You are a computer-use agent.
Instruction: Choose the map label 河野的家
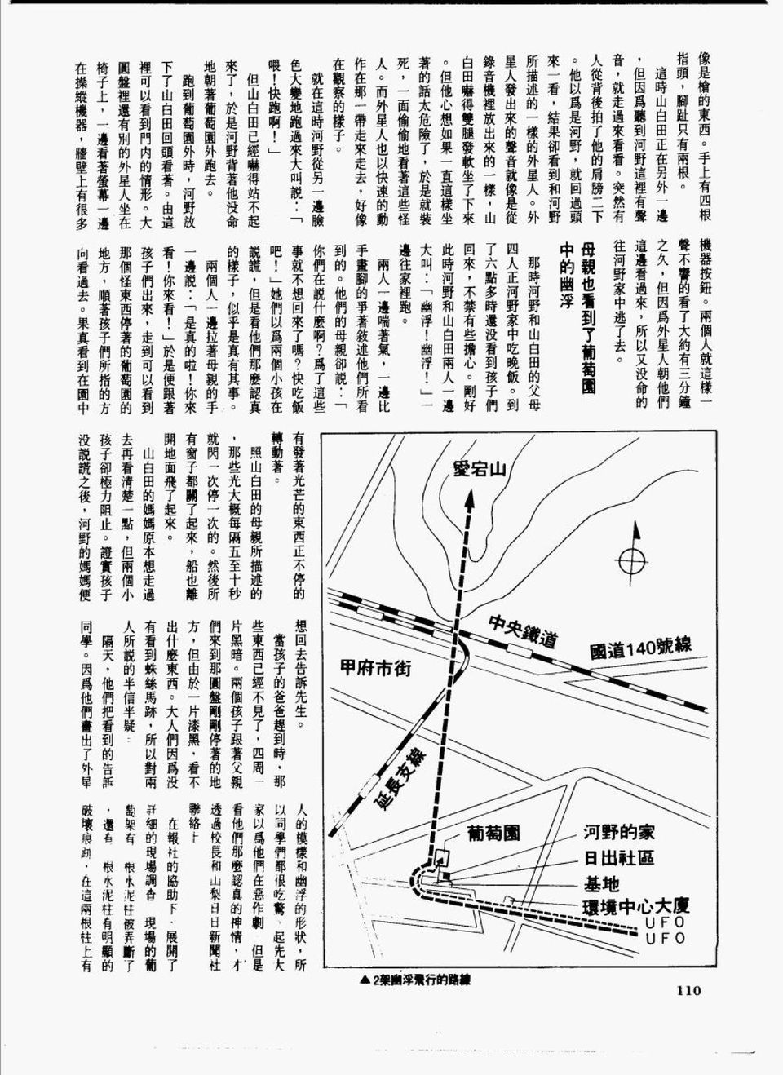[618, 833]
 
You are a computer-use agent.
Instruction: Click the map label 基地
[601, 883]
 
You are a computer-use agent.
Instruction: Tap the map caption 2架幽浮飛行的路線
[424, 981]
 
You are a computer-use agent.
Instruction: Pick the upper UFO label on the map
[664, 922]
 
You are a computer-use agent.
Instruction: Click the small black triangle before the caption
[364, 981]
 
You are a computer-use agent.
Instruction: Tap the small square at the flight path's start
[443, 857]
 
